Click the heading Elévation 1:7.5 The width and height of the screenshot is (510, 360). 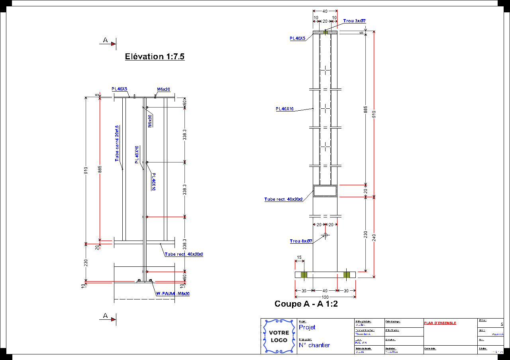click(155, 57)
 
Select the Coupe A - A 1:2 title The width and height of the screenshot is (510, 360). click(306, 304)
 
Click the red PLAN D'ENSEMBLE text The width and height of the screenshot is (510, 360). click(440, 323)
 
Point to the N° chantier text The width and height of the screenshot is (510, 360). click(314, 345)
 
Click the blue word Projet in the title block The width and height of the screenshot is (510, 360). click(307, 327)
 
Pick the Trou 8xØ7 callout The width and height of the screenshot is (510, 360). click(301, 241)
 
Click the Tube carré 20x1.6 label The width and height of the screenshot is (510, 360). click(117, 143)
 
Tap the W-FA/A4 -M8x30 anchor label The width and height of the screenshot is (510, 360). click(173, 293)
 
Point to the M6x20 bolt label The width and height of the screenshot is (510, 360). click(163, 89)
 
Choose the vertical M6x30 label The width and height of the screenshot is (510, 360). click(150, 121)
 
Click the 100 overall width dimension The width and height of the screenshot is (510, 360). click(325, 297)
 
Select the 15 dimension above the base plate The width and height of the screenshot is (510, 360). click(299, 257)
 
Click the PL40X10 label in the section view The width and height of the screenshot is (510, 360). click(284, 109)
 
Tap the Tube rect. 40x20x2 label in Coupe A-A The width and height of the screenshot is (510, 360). click(283, 199)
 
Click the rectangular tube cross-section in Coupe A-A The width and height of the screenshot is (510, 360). click(325, 191)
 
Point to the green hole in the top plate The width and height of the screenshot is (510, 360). click(326, 32)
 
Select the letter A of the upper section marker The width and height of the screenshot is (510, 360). click(105, 40)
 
